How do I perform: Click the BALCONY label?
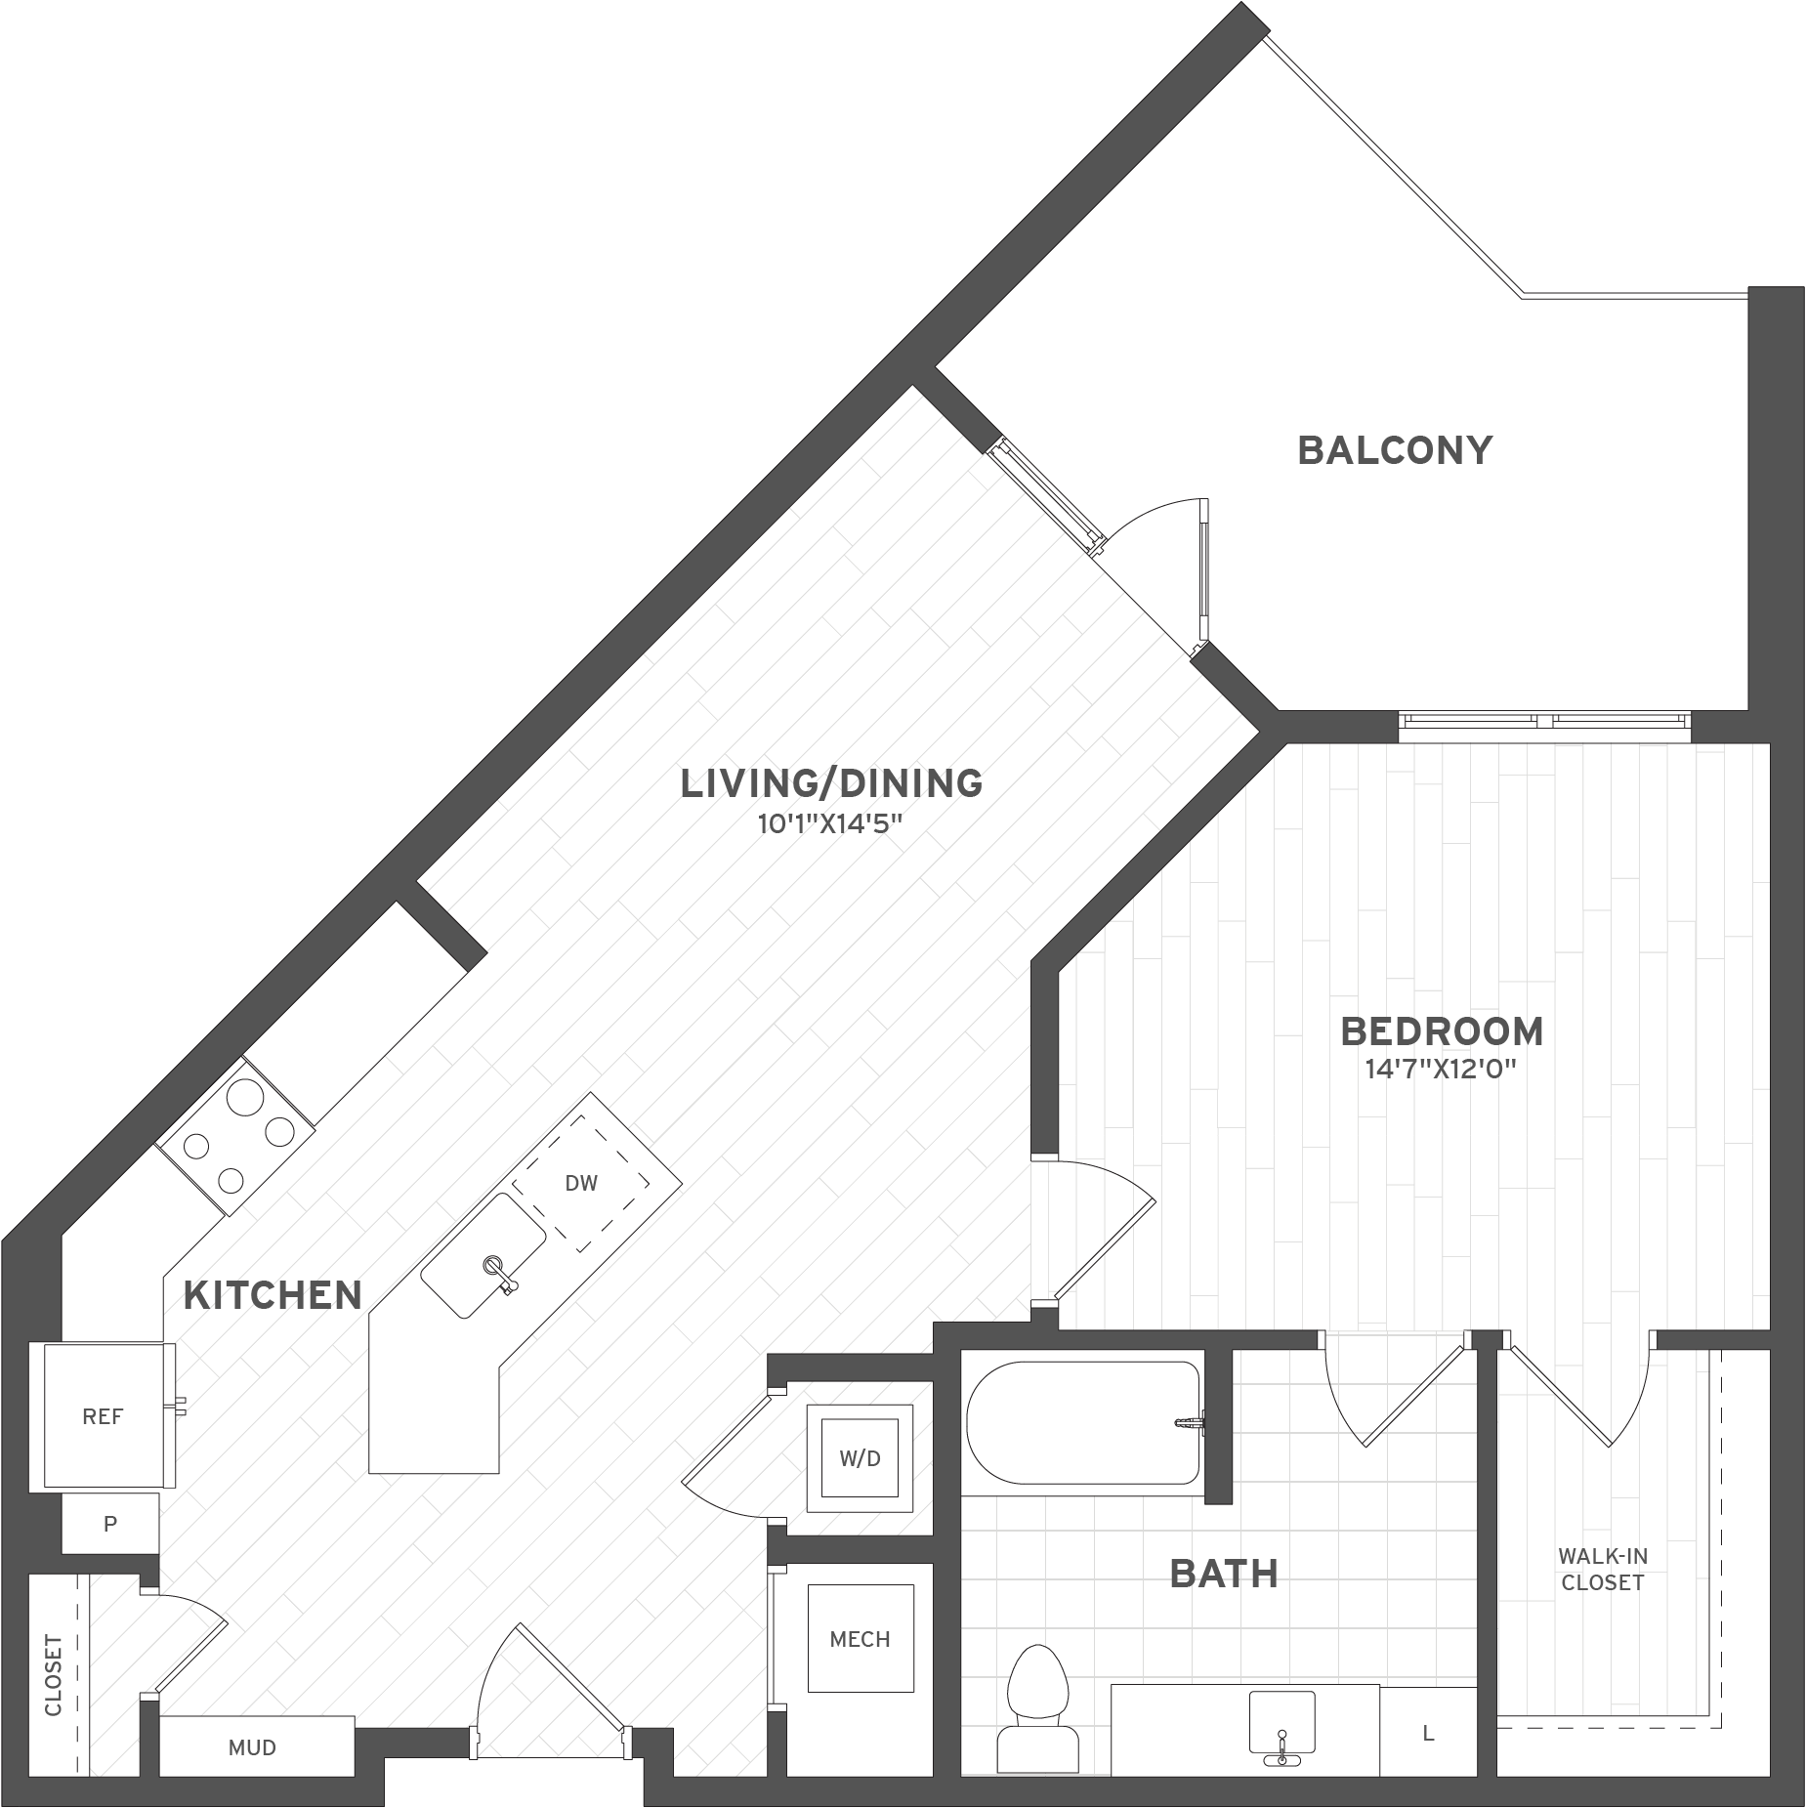(x=1394, y=450)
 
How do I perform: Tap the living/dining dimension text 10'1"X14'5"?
(x=829, y=823)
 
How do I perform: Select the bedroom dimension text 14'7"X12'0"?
(x=1441, y=1069)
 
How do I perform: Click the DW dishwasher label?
(x=581, y=1183)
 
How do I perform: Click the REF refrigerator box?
(x=103, y=1416)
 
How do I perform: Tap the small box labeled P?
(x=110, y=1523)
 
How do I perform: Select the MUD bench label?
(x=253, y=1747)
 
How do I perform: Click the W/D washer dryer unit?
(x=860, y=1458)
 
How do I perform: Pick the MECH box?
(x=860, y=1639)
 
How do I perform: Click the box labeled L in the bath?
(x=1428, y=1734)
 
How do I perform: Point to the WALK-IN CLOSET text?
(x=1602, y=1569)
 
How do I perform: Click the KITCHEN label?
(x=273, y=1295)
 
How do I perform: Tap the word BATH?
(x=1224, y=1574)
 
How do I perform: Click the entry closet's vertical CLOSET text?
(x=54, y=1675)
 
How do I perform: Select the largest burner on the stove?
(x=244, y=1098)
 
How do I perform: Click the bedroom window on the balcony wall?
(x=1543, y=722)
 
